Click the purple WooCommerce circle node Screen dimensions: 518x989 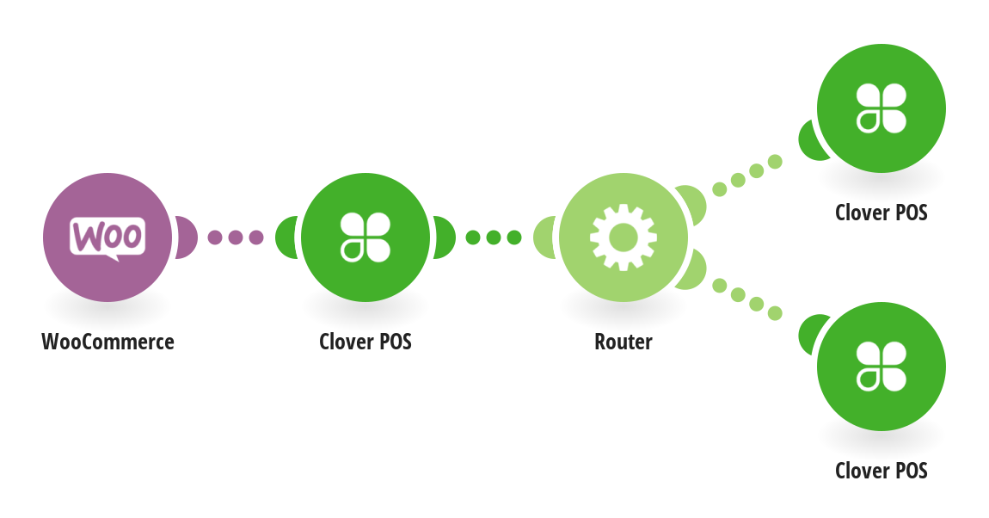coord(107,237)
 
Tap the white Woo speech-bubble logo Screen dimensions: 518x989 coord(107,236)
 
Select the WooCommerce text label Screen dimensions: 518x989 coord(107,342)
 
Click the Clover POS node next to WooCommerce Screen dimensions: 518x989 coord(365,237)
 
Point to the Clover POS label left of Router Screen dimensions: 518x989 coord(365,342)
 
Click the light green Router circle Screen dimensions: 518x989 coord(623,237)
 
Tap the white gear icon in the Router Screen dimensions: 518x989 coord(623,236)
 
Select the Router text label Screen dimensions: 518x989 coord(623,342)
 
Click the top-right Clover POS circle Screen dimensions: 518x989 coord(881,108)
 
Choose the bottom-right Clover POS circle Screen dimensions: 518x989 coord(881,366)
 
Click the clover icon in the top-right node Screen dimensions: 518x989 coord(881,108)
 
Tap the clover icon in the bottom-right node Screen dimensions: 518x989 coord(881,366)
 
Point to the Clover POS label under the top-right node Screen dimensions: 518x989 coord(881,213)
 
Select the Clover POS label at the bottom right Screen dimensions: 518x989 coord(881,471)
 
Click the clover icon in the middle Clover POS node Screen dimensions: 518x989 coord(365,237)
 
